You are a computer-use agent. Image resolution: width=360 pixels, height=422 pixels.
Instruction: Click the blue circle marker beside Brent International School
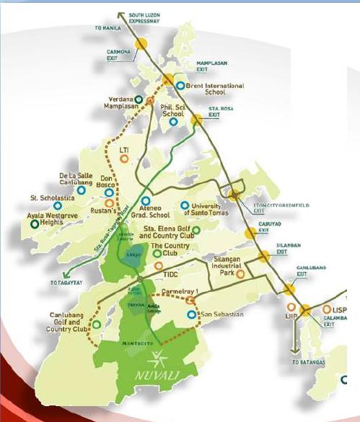click(180, 85)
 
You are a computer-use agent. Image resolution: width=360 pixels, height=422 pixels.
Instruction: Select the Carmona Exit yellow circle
click(141, 43)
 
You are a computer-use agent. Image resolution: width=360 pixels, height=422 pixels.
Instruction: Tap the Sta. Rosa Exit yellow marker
click(196, 120)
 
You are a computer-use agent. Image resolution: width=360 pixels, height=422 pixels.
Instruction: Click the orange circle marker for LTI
click(124, 159)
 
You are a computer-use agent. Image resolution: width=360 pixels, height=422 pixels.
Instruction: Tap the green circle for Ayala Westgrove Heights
click(34, 224)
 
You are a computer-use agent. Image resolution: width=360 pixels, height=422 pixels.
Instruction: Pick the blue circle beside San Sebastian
click(190, 315)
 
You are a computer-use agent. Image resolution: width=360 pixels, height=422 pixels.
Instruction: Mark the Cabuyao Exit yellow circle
click(250, 232)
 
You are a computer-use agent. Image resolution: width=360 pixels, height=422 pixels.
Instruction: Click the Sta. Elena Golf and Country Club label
click(170, 232)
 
